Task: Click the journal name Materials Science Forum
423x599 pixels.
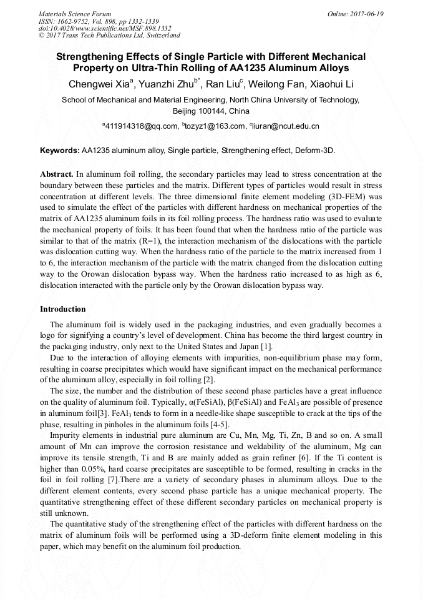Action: pos(75,14)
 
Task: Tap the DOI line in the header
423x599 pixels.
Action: pos(104,28)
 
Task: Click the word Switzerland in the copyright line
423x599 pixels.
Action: pos(160,36)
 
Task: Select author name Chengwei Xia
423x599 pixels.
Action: pos(100,84)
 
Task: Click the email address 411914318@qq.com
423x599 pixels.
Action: pos(141,126)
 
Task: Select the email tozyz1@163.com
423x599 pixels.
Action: pos(215,126)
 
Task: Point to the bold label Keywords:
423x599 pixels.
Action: pos(60,151)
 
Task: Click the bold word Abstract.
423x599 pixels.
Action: pos(57,174)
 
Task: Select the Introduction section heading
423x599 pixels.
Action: pos(63,309)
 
